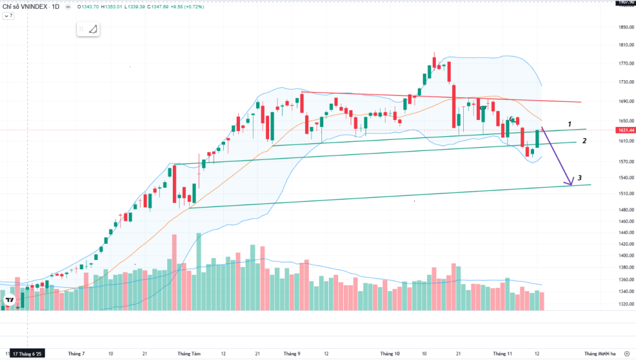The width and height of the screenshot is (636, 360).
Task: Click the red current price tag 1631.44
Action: click(624, 130)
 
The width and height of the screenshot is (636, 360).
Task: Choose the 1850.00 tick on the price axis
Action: click(624, 27)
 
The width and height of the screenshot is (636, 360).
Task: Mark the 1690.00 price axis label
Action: click(624, 101)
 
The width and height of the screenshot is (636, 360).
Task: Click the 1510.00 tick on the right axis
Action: click(624, 193)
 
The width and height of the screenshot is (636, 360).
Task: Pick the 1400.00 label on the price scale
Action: click(624, 256)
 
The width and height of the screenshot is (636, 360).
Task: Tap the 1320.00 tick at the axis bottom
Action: click(624, 304)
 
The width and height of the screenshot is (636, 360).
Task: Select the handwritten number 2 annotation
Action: click(584, 141)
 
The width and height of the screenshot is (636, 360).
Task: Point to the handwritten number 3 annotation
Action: click(579, 178)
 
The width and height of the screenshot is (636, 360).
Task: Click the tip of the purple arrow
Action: click(570, 185)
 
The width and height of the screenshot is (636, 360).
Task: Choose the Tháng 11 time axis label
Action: click(501, 353)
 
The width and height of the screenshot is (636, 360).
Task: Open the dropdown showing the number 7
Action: click(9, 16)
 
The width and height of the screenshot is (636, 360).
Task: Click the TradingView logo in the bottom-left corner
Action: click(10, 301)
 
